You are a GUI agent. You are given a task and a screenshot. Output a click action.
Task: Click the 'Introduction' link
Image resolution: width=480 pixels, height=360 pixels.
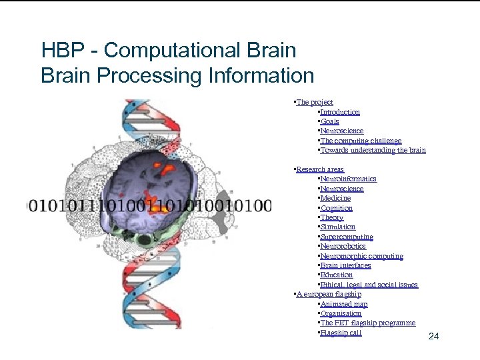340,112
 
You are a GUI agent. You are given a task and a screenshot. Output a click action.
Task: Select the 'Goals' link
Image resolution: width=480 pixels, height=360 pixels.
330,121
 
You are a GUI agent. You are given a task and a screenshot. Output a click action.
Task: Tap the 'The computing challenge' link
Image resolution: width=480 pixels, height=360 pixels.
361,141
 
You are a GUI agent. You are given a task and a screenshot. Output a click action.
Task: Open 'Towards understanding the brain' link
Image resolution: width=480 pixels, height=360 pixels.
373,150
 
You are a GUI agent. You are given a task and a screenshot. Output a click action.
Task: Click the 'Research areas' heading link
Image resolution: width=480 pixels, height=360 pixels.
320,169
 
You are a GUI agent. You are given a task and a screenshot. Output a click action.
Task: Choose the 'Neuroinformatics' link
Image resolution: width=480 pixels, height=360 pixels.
348,179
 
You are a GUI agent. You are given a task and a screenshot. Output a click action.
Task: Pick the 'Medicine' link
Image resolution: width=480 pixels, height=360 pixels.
335,198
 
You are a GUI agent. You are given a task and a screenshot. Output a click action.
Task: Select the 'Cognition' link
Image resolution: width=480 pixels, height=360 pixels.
337,208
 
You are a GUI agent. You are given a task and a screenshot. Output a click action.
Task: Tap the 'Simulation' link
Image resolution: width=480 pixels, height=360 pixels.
338,227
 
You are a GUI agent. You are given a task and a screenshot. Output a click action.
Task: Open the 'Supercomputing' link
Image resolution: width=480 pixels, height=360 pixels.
347,237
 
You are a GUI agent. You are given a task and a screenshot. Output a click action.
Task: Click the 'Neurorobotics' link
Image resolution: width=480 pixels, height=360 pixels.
343,246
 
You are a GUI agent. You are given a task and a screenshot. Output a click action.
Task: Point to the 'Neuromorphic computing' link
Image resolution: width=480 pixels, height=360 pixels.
361,256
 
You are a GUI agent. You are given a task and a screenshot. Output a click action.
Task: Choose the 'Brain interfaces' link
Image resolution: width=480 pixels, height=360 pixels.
345,265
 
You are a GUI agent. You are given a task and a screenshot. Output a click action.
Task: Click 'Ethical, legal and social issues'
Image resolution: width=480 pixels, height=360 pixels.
369,285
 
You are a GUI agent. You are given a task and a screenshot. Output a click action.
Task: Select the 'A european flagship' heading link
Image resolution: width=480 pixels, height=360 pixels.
329,294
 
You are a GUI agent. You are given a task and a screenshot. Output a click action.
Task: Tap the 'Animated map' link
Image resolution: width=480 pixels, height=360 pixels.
344,304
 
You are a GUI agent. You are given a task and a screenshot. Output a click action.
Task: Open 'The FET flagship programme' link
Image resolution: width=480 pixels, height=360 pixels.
367,323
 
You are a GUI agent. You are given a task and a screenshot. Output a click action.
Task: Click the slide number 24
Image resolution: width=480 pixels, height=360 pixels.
433,336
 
